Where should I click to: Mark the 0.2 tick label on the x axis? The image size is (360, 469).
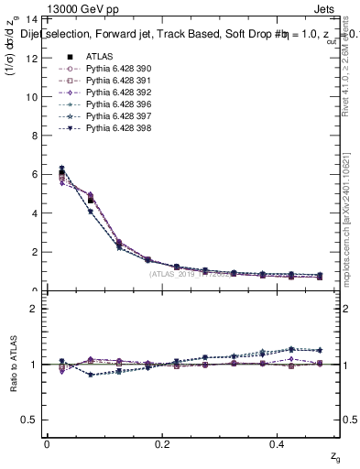point(162,443)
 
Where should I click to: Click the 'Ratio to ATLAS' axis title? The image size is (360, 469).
point(13,364)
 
